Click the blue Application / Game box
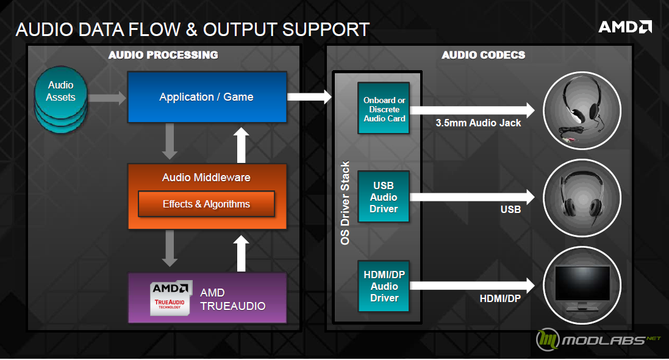coord(207,97)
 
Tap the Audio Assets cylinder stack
coord(60,99)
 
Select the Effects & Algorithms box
coord(206,204)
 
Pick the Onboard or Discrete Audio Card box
coord(384,108)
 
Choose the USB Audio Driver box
coord(384,197)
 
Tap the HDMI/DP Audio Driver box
coord(384,286)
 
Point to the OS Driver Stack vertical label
coord(345,203)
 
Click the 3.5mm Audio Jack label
coord(478,123)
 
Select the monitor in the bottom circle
coord(582,288)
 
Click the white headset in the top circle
coord(582,110)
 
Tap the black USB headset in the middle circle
coord(582,196)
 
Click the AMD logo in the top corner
coord(625,27)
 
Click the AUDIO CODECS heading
coord(484,55)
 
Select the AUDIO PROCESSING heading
coord(163,55)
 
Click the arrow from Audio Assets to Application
coord(107,98)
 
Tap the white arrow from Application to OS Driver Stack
coord(309,96)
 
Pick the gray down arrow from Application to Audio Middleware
coord(170,142)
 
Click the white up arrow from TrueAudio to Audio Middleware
coord(241,253)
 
